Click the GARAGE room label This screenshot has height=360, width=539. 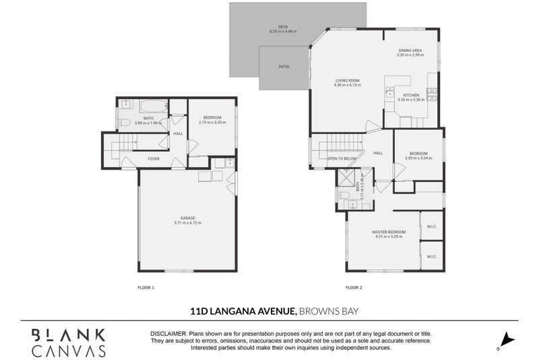(188, 218)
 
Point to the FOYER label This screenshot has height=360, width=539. (154, 159)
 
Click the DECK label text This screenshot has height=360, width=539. (274, 27)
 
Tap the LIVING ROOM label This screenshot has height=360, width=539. (348, 81)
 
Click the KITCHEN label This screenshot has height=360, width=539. (411, 95)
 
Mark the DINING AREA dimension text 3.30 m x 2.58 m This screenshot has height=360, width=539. (410, 55)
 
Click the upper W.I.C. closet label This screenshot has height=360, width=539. (431, 227)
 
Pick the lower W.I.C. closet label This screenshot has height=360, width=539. (431, 256)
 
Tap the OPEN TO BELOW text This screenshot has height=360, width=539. (342, 158)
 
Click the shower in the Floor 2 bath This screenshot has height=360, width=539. (346, 177)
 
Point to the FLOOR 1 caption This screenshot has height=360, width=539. (146, 287)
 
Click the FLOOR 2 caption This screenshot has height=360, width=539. (354, 287)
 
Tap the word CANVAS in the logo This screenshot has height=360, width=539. (69, 351)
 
